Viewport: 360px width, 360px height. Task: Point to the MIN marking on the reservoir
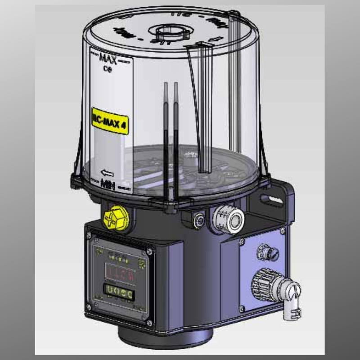point(107,183)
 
